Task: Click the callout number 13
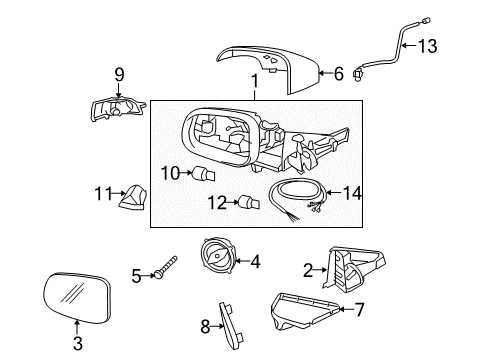[x=428, y=45]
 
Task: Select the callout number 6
[x=338, y=72]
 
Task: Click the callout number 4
[x=255, y=262]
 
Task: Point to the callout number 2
[x=309, y=268]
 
